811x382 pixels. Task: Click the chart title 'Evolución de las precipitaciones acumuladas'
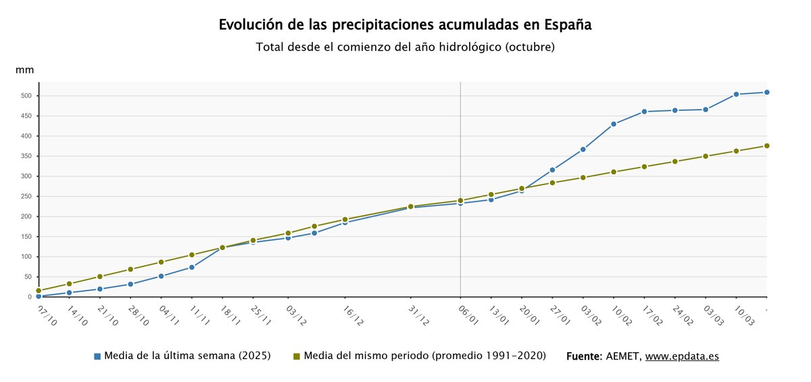[x=405, y=25]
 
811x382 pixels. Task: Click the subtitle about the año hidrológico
[x=405, y=47]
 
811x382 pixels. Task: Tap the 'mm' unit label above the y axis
[x=25, y=70]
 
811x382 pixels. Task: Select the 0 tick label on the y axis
[x=30, y=297]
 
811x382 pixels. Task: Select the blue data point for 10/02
[x=614, y=124]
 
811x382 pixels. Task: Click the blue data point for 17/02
[x=644, y=112]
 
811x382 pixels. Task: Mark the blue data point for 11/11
[x=192, y=267]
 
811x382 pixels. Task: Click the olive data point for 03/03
[x=706, y=156]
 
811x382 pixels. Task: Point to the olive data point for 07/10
[x=39, y=291]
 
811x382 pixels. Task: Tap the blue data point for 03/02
[x=583, y=149]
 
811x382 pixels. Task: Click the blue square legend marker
[x=97, y=356]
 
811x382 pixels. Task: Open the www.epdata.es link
[x=682, y=356]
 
